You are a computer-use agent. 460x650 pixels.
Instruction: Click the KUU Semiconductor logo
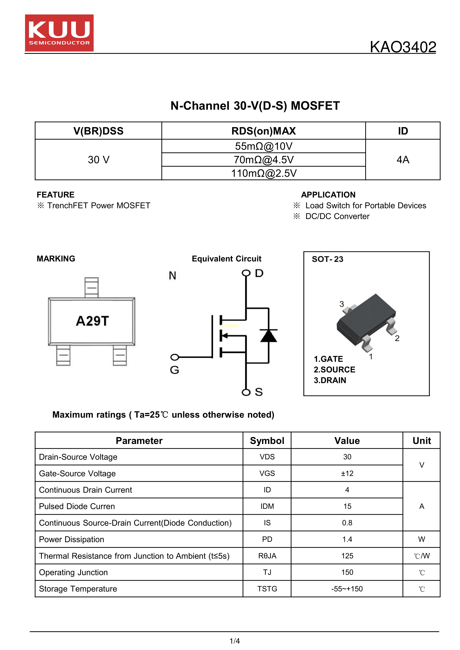click(59, 33)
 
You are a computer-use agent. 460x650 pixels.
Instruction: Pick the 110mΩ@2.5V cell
click(263, 173)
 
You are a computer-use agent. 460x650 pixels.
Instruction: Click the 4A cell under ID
click(403, 160)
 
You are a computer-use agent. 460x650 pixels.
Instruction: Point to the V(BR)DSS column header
click(98, 131)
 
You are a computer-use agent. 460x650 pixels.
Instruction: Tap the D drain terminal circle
click(246, 273)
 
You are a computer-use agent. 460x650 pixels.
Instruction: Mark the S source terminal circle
click(246, 392)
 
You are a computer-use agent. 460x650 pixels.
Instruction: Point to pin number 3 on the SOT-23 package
click(342, 304)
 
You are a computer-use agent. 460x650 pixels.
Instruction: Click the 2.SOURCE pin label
click(334, 370)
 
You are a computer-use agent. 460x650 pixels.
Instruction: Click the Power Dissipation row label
click(72, 540)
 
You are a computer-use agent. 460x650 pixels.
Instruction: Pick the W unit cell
click(421, 539)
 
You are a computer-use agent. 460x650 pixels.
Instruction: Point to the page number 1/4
click(235, 641)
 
